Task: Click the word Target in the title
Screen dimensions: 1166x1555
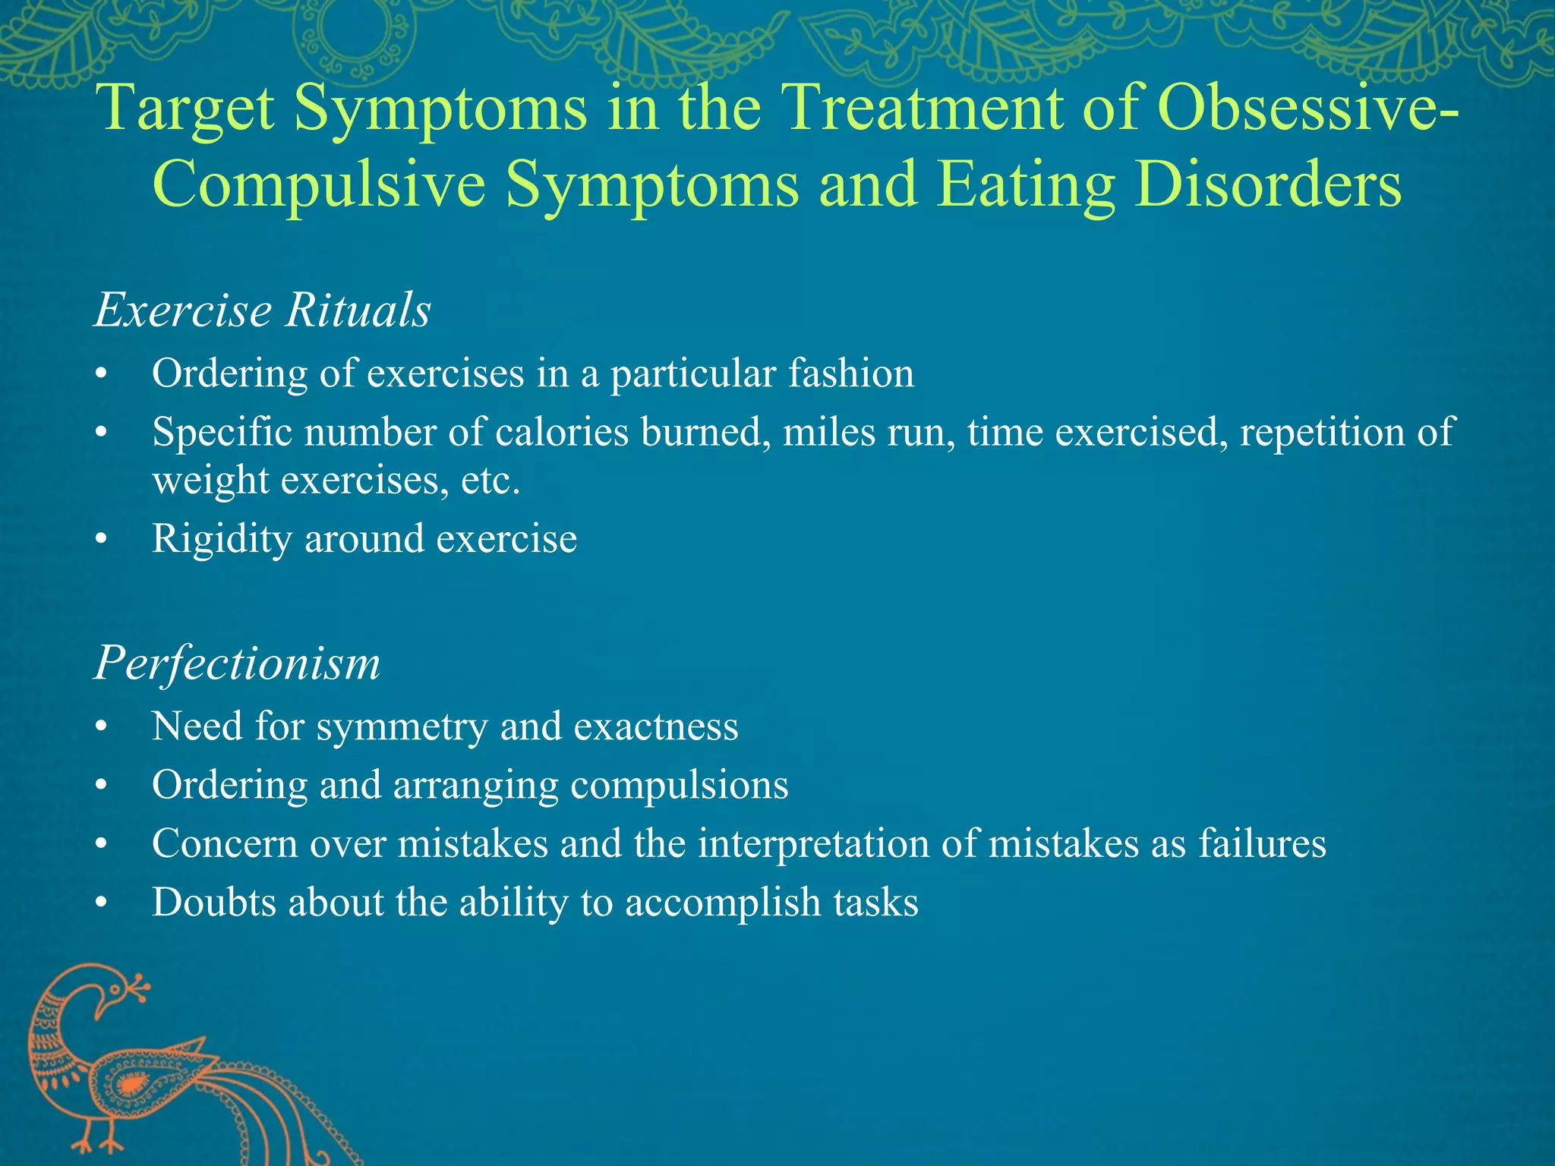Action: point(186,108)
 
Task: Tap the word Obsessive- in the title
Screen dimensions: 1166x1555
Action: point(1306,108)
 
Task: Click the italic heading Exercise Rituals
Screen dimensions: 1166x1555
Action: point(263,310)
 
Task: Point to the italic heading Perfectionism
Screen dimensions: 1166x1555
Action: point(237,663)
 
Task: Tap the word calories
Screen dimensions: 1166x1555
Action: point(562,433)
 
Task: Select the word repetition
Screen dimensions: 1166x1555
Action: point(1323,433)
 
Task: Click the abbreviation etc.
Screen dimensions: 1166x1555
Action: point(490,481)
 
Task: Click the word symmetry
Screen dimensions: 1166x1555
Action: point(402,727)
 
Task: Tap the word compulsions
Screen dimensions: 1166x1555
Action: point(679,785)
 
